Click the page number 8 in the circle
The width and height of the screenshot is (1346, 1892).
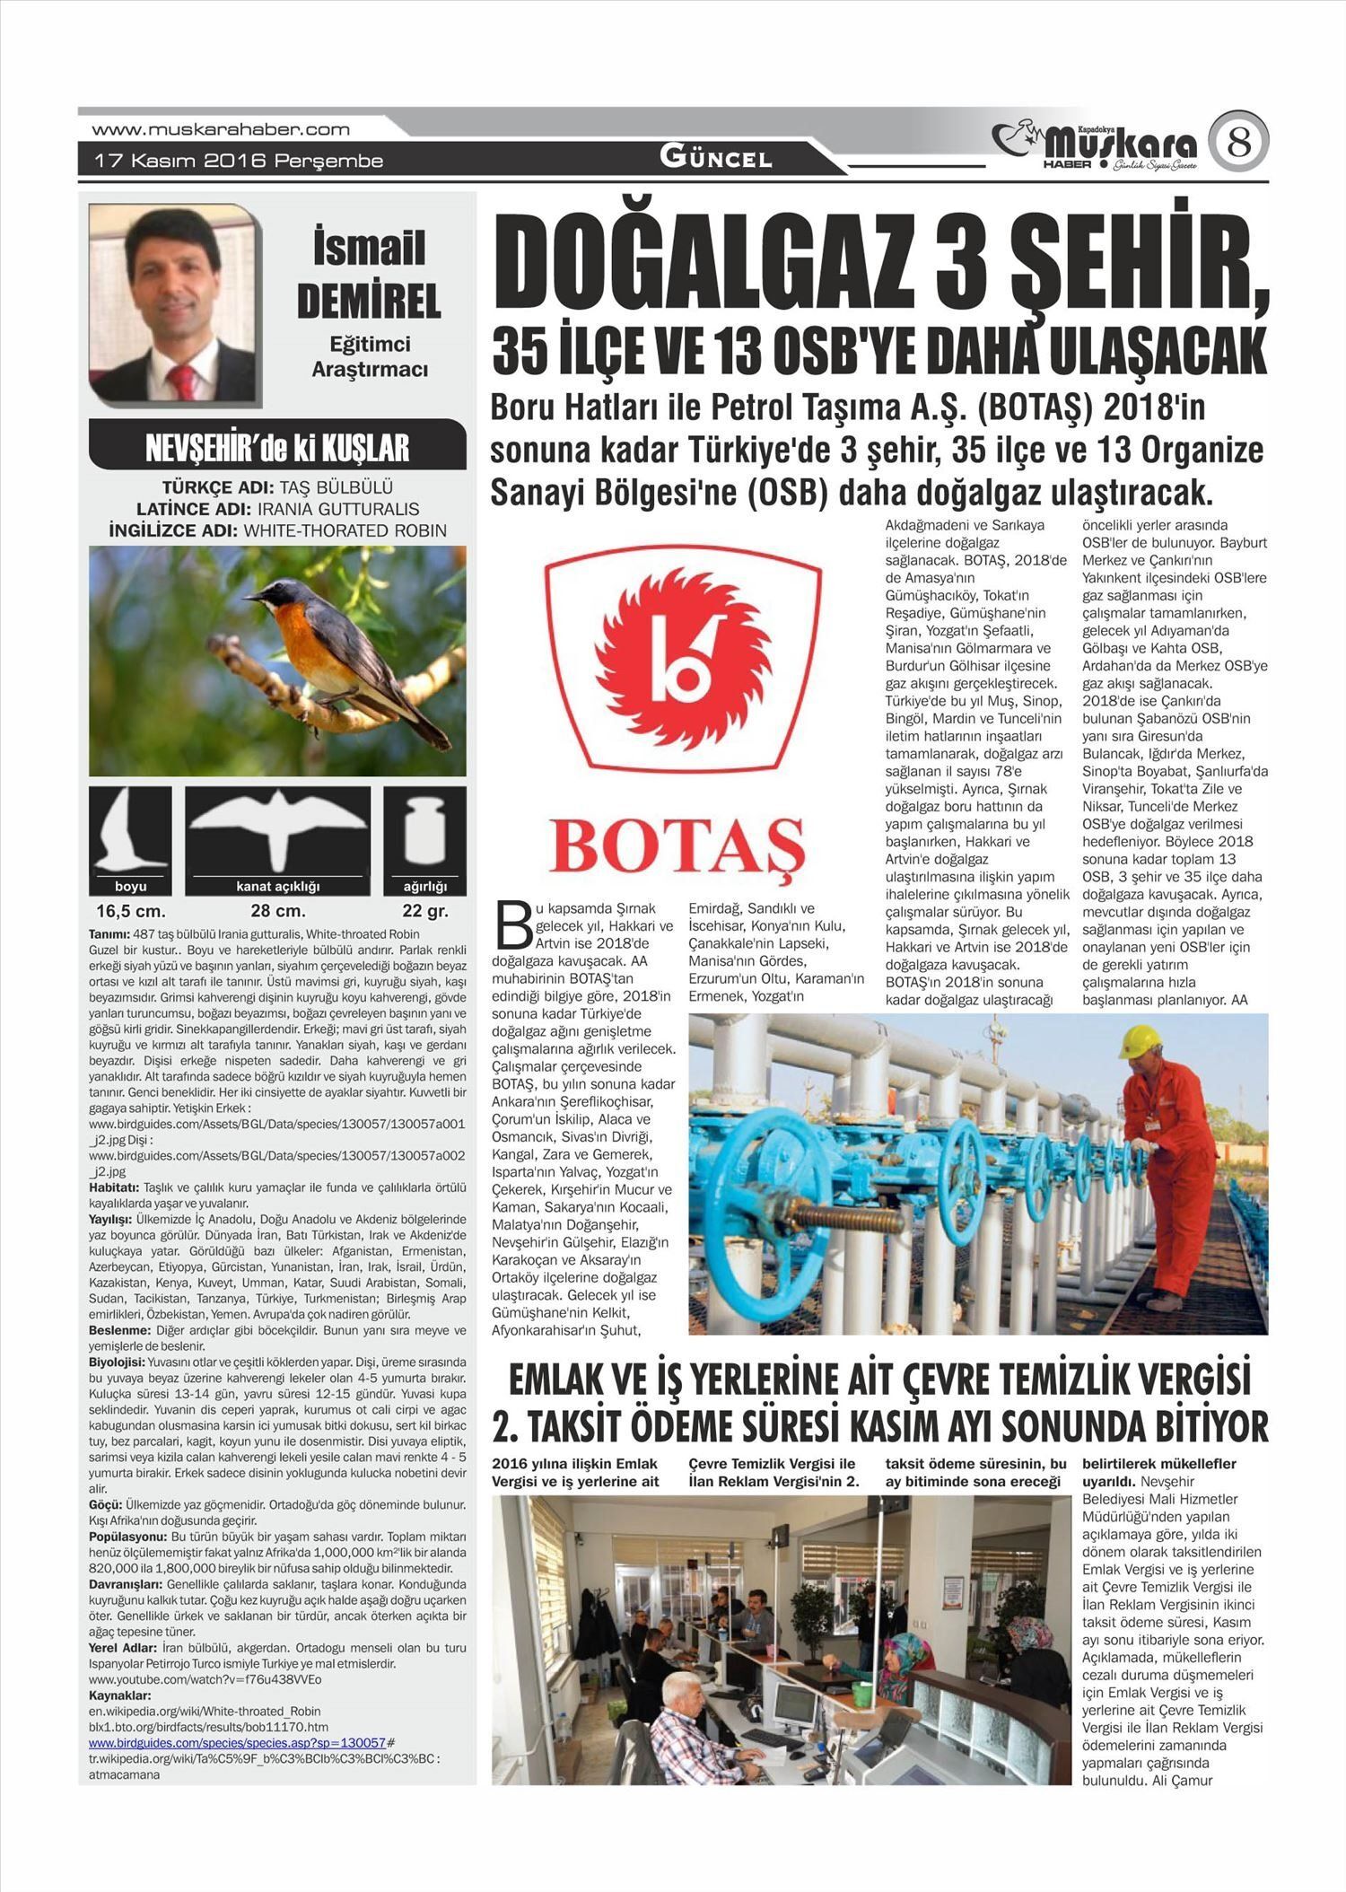(x=1238, y=142)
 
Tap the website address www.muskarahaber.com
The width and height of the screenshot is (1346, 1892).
(x=221, y=129)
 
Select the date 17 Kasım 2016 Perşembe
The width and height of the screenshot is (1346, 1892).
(x=240, y=162)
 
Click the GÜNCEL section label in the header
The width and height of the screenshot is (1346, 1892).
(x=715, y=158)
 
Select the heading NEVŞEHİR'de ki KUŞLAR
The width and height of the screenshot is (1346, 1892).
(x=277, y=447)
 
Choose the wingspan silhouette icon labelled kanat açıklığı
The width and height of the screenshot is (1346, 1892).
(x=277, y=830)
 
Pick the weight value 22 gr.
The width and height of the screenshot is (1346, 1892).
(x=424, y=911)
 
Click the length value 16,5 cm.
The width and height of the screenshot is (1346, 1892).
(x=131, y=911)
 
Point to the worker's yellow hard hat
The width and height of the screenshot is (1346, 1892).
(x=1140, y=1042)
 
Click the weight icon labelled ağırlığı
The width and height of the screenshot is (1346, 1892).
(x=424, y=830)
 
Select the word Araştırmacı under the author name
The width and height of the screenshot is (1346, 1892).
(x=369, y=369)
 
